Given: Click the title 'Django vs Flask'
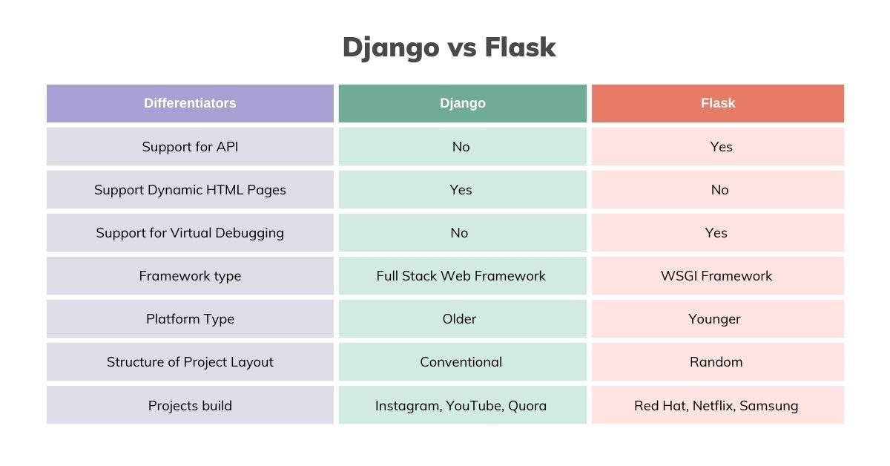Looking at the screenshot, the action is click(x=449, y=47).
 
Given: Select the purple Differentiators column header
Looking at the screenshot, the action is click(x=190, y=103).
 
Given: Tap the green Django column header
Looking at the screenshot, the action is click(x=463, y=103).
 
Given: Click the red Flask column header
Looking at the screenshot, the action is click(x=718, y=103).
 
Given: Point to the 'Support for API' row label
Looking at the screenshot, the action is click(x=190, y=147).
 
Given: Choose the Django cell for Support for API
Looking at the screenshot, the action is click(x=463, y=147).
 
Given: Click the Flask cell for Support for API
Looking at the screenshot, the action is click(x=718, y=147).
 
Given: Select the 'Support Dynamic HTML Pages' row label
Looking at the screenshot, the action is click(x=190, y=190).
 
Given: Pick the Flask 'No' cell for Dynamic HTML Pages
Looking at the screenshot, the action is click(x=718, y=190).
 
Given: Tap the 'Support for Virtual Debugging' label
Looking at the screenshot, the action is click(x=190, y=232).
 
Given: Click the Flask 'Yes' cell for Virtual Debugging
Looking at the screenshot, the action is click(x=718, y=232).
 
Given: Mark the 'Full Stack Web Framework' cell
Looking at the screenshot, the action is click(x=463, y=276).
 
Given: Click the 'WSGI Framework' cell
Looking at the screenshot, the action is click(x=718, y=276).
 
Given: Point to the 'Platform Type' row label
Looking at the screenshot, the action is click(x=190, y=319).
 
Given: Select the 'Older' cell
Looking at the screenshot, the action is click(x=463, y=319).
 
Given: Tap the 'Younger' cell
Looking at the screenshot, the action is click(x=718, y=319).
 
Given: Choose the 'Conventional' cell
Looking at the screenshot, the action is click(x=463, y=362).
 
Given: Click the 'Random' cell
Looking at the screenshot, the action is click(x=718, y=362).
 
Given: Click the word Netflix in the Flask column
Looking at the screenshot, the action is click(x=714, y=406).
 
